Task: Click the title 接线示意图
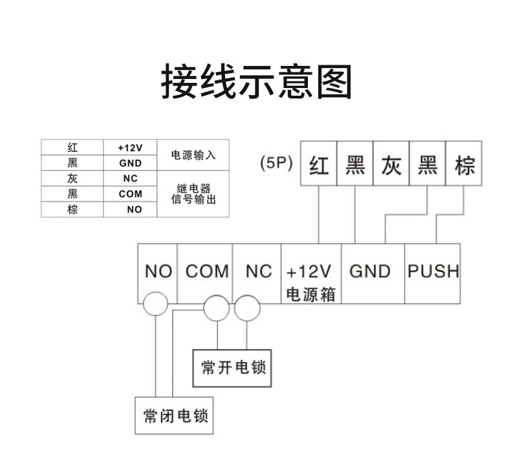pos(255,82)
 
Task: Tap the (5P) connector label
pos(276,163)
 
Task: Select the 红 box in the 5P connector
pos(319,164)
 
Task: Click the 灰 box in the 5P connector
pos(391,164)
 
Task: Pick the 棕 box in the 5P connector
pos(464,164)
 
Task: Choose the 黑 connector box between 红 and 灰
pos(354,164)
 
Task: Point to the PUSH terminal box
pos(433,271)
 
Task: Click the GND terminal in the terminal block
pos(370,271)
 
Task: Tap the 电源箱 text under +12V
pos(310,294)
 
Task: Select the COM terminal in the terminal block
pos(207,271)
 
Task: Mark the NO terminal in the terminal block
pos(158,271)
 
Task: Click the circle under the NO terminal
pos(156,303)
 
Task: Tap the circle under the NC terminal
pos(246,308)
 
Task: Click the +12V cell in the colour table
pos(130,148)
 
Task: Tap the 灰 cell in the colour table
pos(72,179)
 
